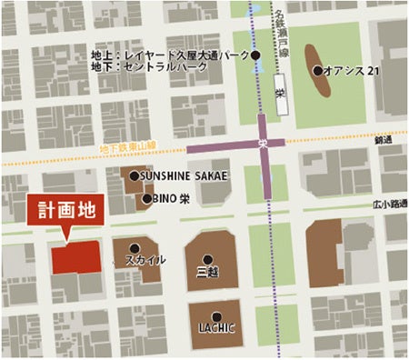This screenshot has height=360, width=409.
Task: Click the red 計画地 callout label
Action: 64,207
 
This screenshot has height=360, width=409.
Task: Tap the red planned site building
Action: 75,257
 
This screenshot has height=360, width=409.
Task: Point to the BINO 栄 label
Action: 173,198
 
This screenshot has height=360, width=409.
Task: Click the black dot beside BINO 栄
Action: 146,198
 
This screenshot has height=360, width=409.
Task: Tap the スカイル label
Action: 145,261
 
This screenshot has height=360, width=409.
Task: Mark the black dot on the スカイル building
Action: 135,247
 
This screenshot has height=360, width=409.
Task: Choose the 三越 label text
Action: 208,271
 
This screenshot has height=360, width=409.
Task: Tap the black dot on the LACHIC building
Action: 216,315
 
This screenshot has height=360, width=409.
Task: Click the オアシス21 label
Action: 344,71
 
